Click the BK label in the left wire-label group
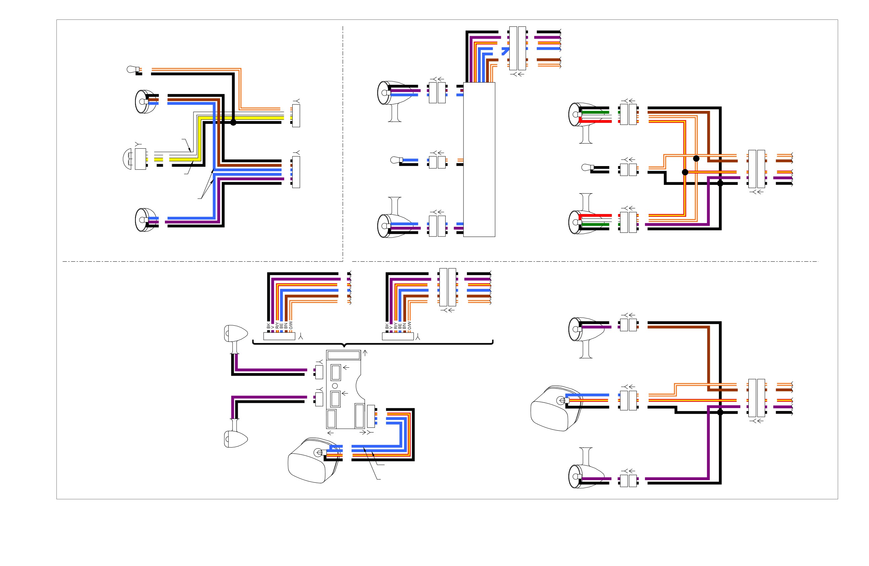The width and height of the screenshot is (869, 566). (x=268, y=326)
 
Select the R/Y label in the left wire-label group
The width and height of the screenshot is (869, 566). (x=277, y=325)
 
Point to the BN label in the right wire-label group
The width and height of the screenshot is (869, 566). (x=404, y=326)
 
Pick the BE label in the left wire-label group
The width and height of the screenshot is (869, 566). (x=281, y=326)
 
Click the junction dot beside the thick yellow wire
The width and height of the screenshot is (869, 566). (x=233, y=122)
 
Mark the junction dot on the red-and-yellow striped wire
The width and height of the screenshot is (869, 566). (x=685, y=172)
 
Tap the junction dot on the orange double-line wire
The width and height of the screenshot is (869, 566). (x=696, y=158)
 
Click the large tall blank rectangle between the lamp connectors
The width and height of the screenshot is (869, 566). (x=479, y=159)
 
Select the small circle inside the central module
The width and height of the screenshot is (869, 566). (x=335, y=386)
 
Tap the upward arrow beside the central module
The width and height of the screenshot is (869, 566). (x=365, y=353)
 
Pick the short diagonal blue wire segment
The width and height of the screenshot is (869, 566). (x=505, y=51)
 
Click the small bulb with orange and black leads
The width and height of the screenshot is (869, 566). (x=133, y=69)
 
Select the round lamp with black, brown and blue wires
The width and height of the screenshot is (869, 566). (x=145, y=101)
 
